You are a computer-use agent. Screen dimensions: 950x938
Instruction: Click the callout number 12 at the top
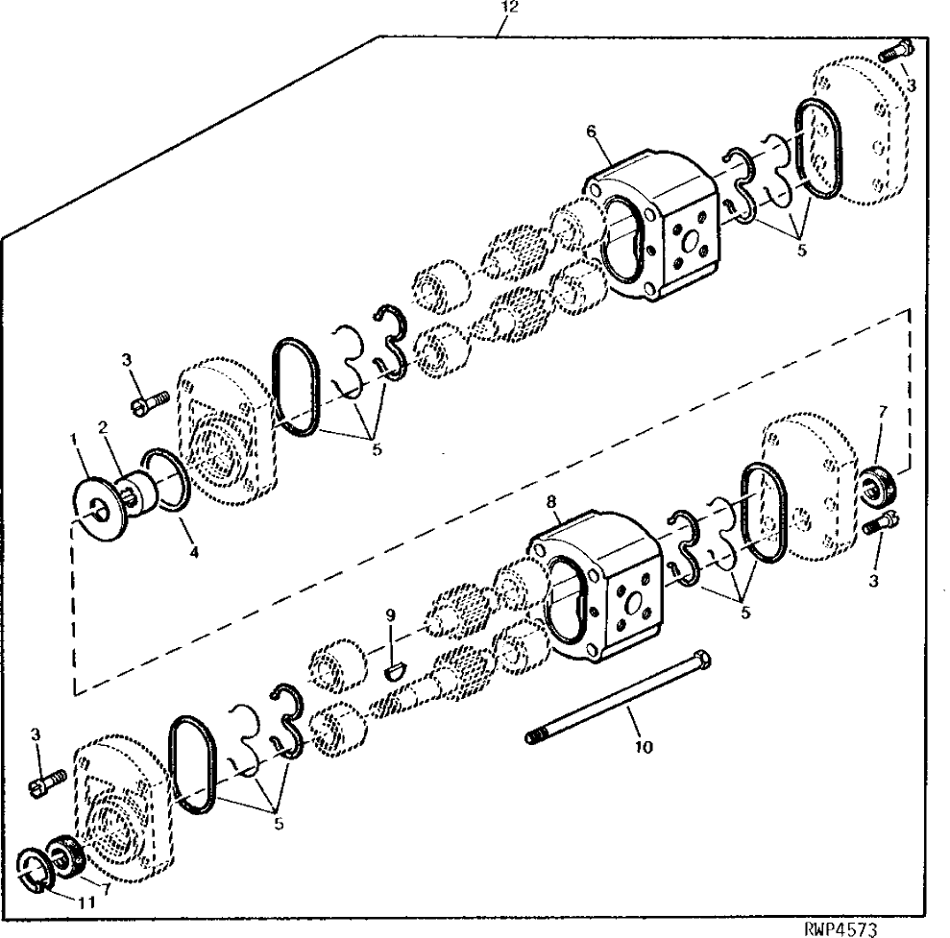[x=510, y=8]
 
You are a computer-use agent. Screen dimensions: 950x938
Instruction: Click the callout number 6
[x=592, y=132]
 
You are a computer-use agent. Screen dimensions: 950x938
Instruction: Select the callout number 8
[x=550, y=502]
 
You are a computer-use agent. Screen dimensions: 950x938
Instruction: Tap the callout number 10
[x=644, y=747]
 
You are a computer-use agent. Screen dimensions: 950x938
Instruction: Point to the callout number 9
[x=390, y=615]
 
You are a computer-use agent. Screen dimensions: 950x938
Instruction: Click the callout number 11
[x=87, y=902]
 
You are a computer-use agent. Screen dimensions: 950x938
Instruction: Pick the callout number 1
[x=74, y=439]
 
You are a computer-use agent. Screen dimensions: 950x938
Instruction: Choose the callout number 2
[x=103, y=427]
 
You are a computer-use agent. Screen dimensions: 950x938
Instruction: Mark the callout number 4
[x=194, y=552]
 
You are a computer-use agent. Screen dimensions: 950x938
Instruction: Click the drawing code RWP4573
[x=840, y=929]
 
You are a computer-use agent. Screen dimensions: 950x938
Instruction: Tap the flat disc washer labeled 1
[x=98, y=509]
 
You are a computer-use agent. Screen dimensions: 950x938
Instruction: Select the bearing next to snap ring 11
[x=62, y=856]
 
